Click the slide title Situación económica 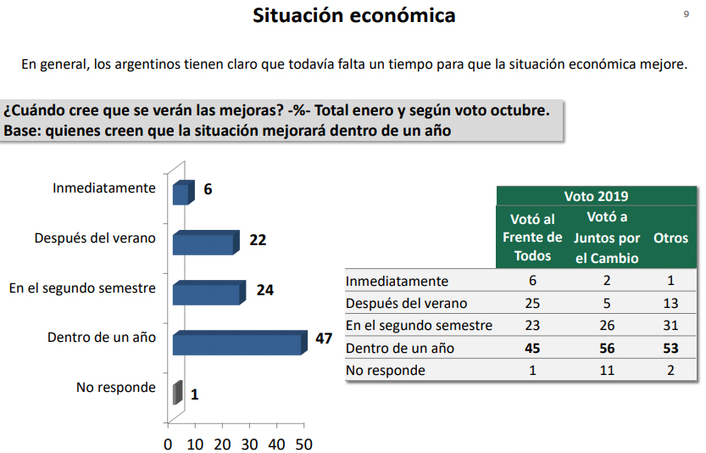pos(353,15)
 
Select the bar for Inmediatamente pos(181,193)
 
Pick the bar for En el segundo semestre pos(207,293)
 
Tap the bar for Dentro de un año pos(237,343)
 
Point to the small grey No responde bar pos(177,393)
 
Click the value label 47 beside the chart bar pos(323,338)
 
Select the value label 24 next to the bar pos(264,289)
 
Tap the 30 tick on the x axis pos(249,444)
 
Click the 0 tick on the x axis pos(168,444)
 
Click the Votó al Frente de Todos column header pos(532,238)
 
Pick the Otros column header pos(670,238)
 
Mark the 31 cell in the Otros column pos(670,326)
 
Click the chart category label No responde pos(116,387)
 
